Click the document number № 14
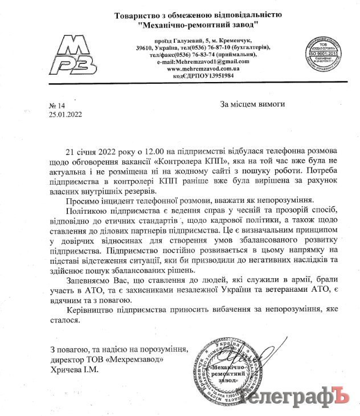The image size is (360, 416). tap(58, 105)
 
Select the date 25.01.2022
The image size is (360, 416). tap(66, 114)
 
